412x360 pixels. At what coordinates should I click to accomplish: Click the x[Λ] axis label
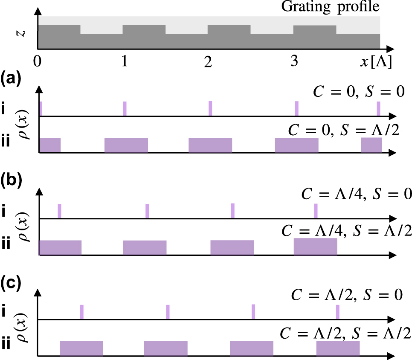tap(375, 62)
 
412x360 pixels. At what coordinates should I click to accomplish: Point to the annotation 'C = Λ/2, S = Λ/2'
tap(346, 332)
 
